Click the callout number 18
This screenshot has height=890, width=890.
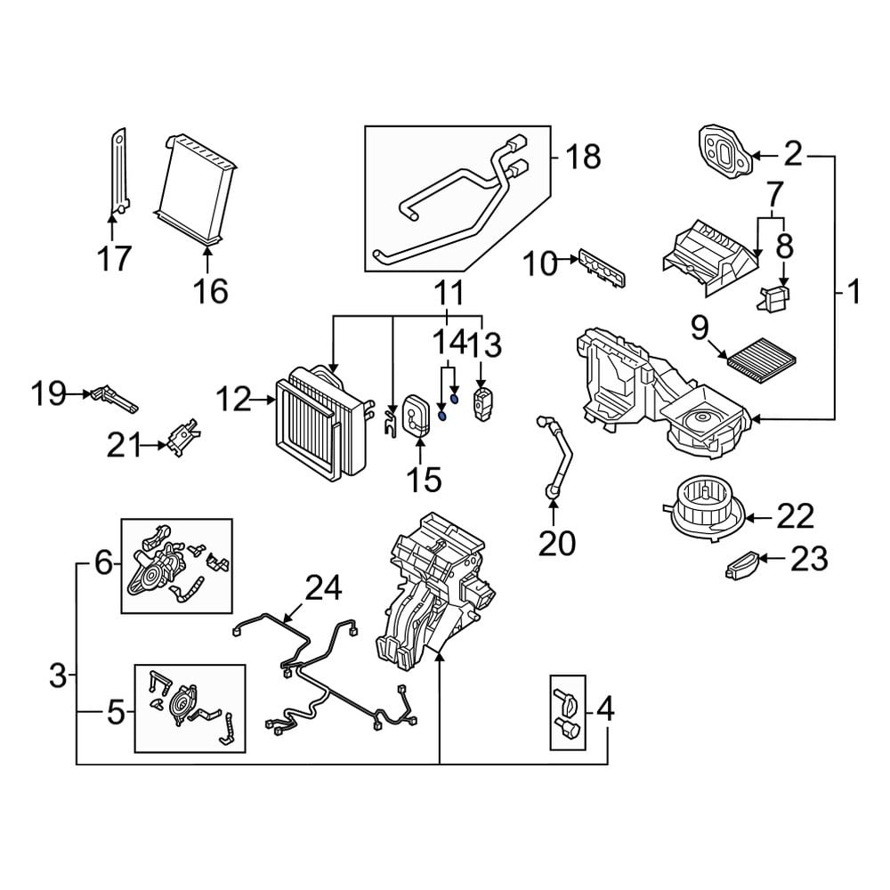pyautogui.click(x=583, y=158)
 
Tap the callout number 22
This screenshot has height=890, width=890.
pyautogui.click(x=795, y=515)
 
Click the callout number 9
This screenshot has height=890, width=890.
pyautogui.click(x=698, y=330)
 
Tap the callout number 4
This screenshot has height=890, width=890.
pyautogui.click(x=604, y=709)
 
